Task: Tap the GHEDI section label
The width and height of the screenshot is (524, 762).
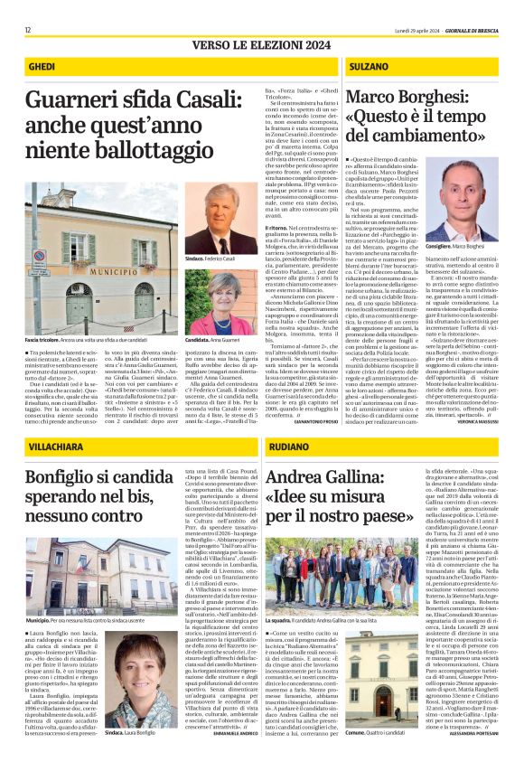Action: [42, 68]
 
